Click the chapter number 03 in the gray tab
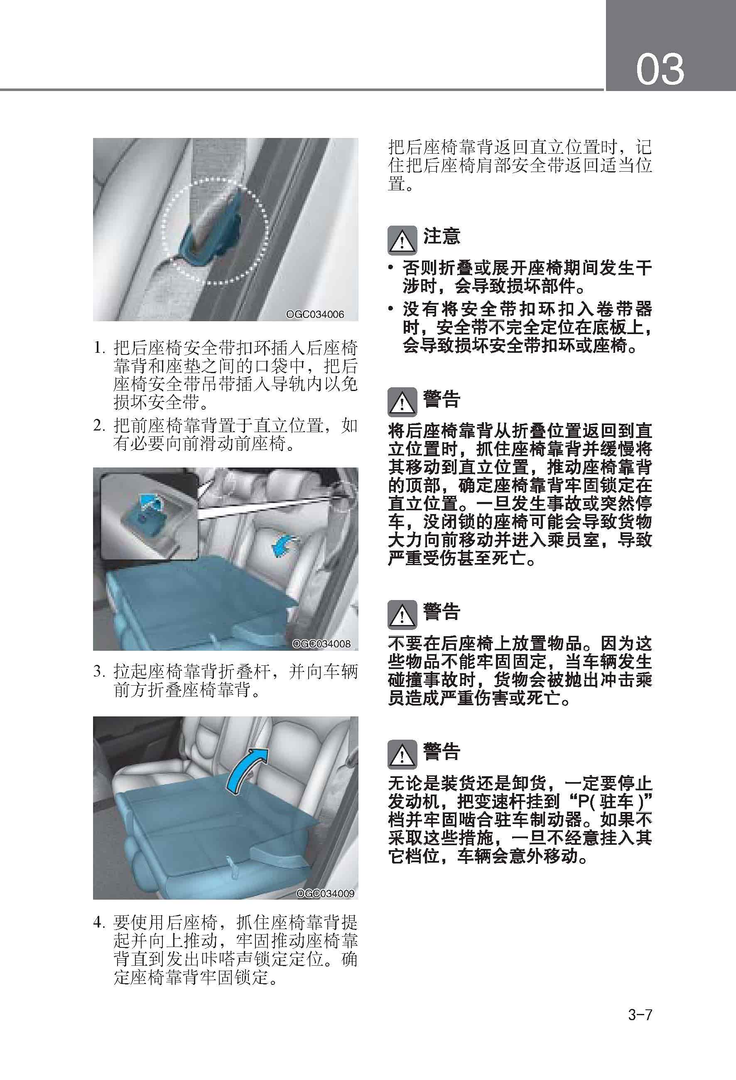660,69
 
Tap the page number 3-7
640,1014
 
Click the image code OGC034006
315,314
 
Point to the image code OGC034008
321,644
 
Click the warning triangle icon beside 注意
402,240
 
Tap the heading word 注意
441,236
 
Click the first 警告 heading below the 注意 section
441,399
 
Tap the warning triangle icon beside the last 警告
402,755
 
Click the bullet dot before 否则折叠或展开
391,268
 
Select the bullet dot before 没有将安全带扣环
391,309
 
